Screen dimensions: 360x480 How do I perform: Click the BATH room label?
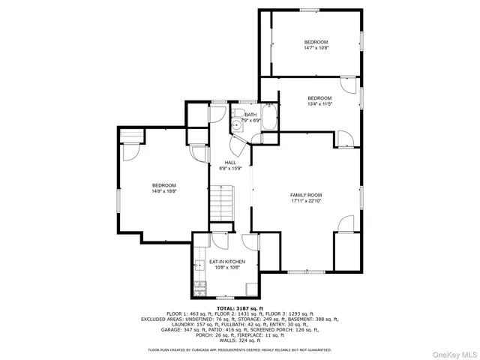tap(250, 115)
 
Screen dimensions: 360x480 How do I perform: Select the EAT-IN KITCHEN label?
tap(226, 262)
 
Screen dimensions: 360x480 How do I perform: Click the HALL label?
tap(230, 163)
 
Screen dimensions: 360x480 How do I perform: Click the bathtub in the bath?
tap(271, 119)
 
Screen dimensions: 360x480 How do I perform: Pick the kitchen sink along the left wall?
tap(199, 264)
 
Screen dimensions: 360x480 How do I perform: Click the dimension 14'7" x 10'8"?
tap(316, 48)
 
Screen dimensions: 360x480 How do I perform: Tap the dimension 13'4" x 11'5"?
tap(319, 104)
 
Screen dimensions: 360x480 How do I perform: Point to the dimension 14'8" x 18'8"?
tap(163, 191)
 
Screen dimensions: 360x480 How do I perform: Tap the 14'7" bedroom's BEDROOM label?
tap(316, 41)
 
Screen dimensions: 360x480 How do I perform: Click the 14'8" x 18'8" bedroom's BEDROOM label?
tap(163, 185)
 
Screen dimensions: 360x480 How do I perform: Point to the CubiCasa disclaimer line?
tap(240, 349)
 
